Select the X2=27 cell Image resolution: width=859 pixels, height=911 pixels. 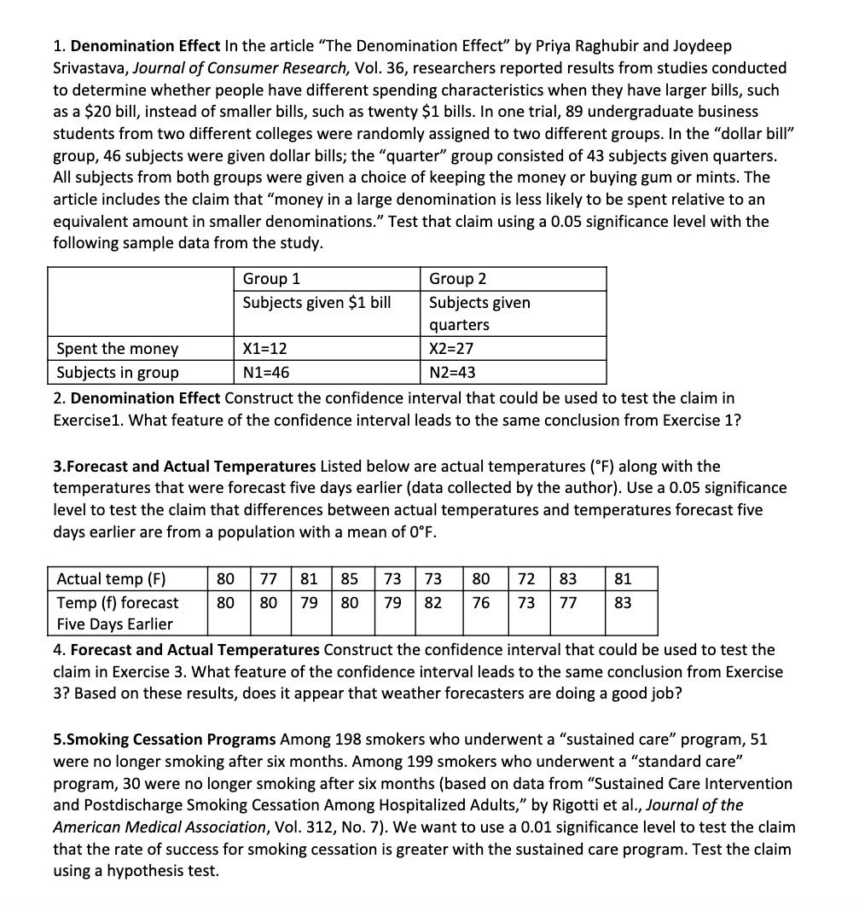tap(451, 348)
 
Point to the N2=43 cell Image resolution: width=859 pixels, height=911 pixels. tap(452, 372)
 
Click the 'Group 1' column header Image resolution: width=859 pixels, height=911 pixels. tap(271, 279)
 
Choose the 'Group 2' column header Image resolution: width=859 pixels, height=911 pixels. tap(458, 279)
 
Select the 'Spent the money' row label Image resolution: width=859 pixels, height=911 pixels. tap(118, 348)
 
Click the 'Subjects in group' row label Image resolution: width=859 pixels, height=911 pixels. tap(118, 372)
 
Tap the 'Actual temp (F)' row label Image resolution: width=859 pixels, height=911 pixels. tap(111, 579)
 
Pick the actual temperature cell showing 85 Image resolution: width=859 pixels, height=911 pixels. tap(350, 579)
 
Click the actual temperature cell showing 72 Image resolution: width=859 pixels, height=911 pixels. tap(527, 579)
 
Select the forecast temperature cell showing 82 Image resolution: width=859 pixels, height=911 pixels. tap(433, 603)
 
